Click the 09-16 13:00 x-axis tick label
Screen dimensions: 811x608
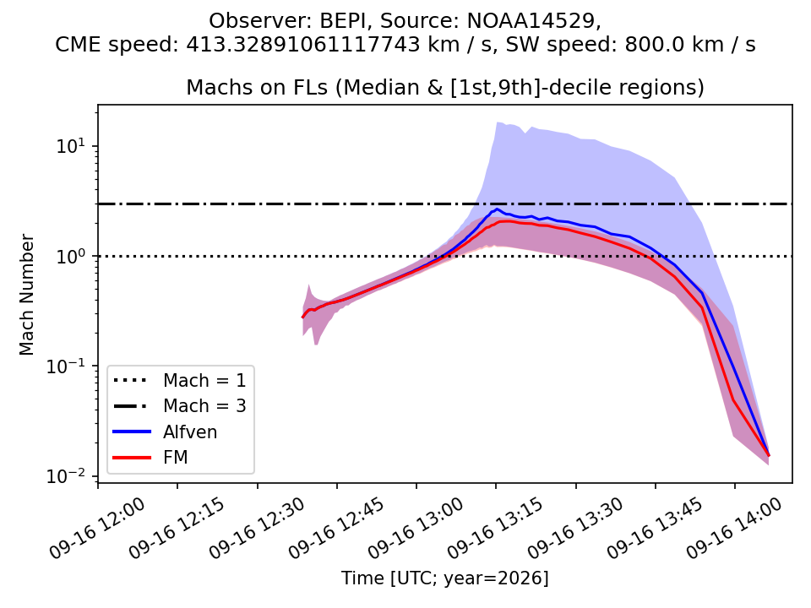pos(416,529)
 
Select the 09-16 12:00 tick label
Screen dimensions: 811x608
pos(97,529)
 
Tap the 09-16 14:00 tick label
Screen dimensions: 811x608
pos(734,529)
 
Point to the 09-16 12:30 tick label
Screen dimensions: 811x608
pos(257,529)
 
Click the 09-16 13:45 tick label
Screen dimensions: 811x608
pos(655,529)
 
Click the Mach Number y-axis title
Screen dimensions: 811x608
pos(26,295)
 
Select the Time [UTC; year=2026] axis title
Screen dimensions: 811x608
pos(445,578)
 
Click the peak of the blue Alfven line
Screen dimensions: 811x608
pos(497,209)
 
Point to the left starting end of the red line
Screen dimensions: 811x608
pos(302,318)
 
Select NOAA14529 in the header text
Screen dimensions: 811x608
pos(531,20)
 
